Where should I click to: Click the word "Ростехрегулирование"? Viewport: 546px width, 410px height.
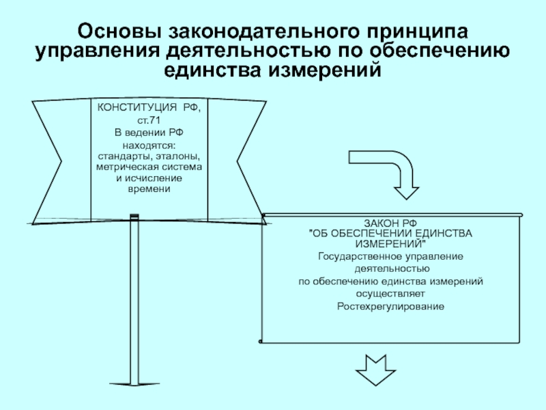390,306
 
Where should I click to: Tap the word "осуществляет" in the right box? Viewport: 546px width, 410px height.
390,293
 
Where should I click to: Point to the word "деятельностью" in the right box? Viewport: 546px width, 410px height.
390,269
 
